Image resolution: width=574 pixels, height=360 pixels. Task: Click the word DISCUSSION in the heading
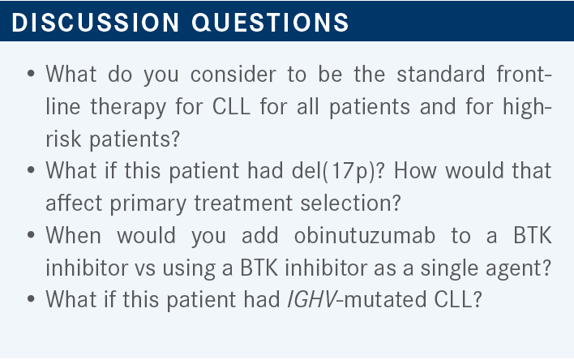click(95, 23)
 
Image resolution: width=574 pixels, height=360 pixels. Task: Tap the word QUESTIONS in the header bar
click(270, 23)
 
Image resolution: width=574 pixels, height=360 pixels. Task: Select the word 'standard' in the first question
click(441, 74)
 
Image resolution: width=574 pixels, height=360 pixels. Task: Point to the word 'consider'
click(233, 74)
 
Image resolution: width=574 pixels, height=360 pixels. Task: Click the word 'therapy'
click(128, 107)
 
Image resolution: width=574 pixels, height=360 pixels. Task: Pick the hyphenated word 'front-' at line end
click(524, 74)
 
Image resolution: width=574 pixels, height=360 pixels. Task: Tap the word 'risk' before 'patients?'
click(63, 139)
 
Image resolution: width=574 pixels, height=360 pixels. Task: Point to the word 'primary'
click(148, 204)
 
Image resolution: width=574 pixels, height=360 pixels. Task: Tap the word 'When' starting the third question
click(73, 235)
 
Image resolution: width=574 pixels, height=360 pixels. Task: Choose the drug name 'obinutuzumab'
click(365, 235)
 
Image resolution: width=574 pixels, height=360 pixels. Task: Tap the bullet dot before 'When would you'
click(31, 235)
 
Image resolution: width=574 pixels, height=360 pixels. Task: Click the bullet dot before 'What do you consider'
click(31, 74)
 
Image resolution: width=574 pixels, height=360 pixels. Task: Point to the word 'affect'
click(74, 203)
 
